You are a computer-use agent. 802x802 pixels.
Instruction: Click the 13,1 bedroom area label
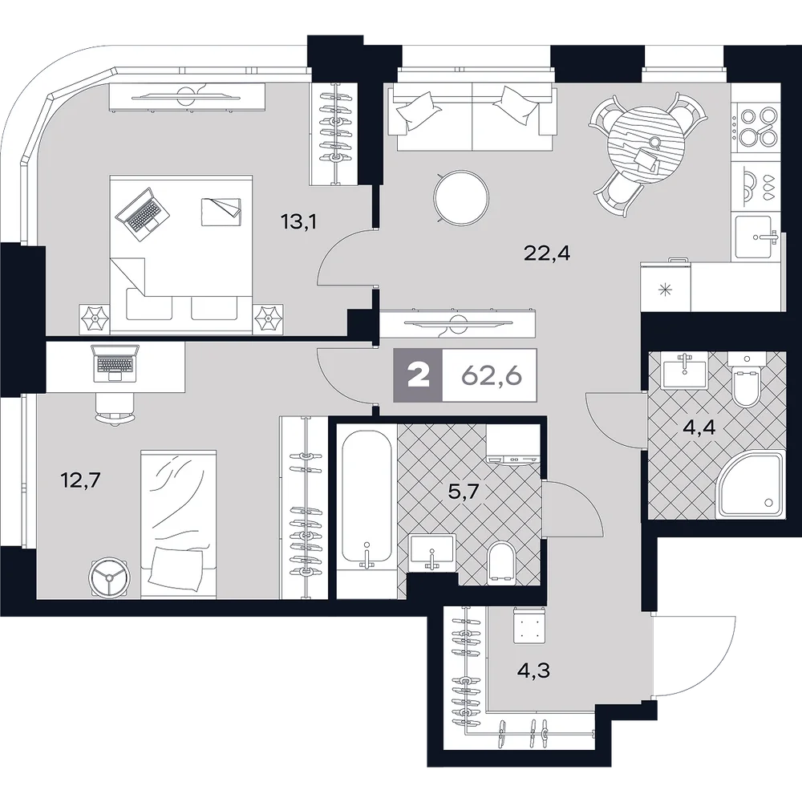(x=298, y=221)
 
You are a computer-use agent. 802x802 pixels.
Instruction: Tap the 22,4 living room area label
(x=547, y=253)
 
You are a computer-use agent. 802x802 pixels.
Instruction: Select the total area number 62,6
(x=492, y=376)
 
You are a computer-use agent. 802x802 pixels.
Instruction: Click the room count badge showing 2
(x=418, y=375)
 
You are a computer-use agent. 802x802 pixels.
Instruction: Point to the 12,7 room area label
(x=81, y=480)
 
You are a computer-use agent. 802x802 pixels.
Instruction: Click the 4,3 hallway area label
(x=533, y=670)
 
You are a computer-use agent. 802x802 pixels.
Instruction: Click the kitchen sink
(x=755, y=237)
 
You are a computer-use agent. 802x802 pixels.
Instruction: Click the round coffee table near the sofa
(x=461, y=198)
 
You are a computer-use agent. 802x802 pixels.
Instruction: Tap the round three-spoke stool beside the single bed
(x=110, y=577)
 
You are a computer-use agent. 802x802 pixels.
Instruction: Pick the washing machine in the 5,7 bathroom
(x=512, y=444)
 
